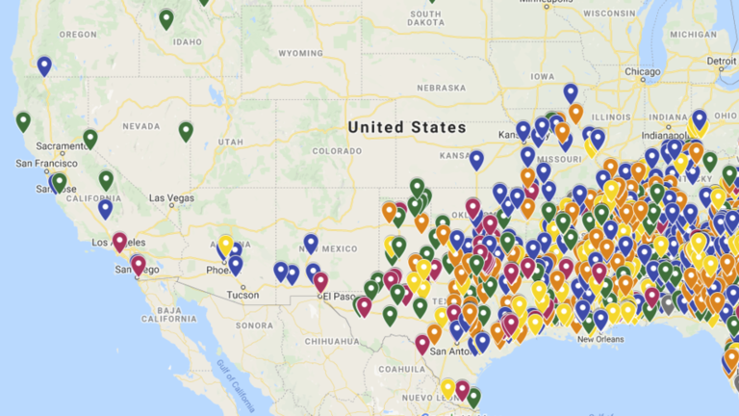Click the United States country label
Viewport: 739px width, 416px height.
[x=407, y=127]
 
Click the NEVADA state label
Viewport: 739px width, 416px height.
[x=140, y=126]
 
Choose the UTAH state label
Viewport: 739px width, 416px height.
[x=231, y=142]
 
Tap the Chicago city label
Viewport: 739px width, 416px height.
[x=642, y=72]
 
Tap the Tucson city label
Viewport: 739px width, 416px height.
[x=242, y=295]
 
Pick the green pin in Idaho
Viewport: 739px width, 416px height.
[x=166, y=18]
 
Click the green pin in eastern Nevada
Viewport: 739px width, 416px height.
[x=186, y=130]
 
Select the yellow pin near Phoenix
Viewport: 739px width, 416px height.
[x=225, y=245]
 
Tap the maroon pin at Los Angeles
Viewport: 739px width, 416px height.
[x=119, y=241]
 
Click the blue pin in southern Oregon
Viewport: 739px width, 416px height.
[x=44, y=65]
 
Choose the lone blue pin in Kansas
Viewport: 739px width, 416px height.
[x=476, y=159]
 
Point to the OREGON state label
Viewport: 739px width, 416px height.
[x=79, y=35]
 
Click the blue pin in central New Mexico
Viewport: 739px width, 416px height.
[x=311, y=243]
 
